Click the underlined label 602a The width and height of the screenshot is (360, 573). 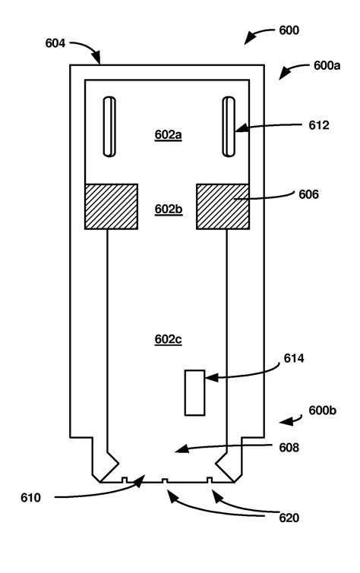[168, 134]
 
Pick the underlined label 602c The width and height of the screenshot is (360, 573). [168, 339]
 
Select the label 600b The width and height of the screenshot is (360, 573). [323, 411]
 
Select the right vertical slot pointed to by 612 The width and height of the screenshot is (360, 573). [229, 127]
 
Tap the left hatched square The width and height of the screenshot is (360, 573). [111, 206]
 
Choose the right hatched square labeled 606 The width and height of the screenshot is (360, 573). [224, 206]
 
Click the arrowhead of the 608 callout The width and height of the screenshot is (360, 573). [177, 452]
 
